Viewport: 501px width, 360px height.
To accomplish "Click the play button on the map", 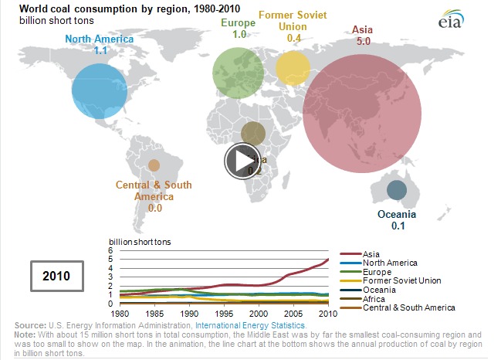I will pyautogui.click(x=242, y=160).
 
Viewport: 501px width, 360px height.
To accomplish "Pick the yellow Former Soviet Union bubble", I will pyautogui.click(x=293, y=68).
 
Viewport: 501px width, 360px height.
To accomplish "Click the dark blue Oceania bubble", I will pyautogui.click(x=396, y=190).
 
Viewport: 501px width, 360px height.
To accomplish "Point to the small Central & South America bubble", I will pyautogui.click(x=154, y=165).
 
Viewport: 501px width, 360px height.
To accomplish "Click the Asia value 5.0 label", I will pyautogui.click(x=362, y=40).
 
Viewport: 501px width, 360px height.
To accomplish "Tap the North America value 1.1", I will pyautogui.click(x=100, y=49).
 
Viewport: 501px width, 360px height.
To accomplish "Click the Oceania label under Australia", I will pyautogui.click(x=397, y=214).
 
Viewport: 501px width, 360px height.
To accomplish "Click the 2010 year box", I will pyautogui.click(x=56, y=275).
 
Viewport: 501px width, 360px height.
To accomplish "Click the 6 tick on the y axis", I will pyautogui.click(x=111, y=250).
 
